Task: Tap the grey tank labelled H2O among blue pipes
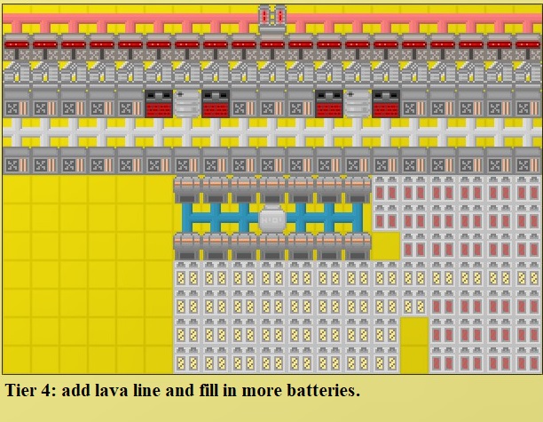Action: tap(271, 218)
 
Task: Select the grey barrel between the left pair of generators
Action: tap(186, 103)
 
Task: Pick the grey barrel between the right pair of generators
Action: tap(357, 103)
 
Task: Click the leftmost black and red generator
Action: tap(158, 103)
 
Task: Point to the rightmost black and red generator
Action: tap(385, 103)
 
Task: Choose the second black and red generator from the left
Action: tap(215, 103)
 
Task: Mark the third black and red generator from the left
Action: tap(328, 103)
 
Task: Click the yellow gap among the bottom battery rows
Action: tap(413, 344)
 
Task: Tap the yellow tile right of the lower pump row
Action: tap(385, 246)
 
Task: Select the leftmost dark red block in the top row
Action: tap(17, 42)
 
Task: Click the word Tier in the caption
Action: tap(23, 390)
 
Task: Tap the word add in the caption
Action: tap(77, 390)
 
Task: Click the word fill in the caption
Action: tap(201, 390)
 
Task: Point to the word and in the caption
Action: tap(174, 390)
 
